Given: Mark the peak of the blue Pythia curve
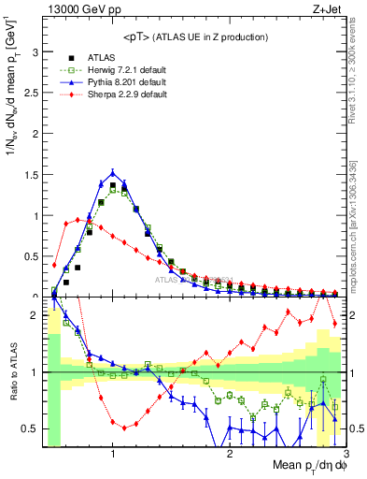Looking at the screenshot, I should [x=113, y=172].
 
